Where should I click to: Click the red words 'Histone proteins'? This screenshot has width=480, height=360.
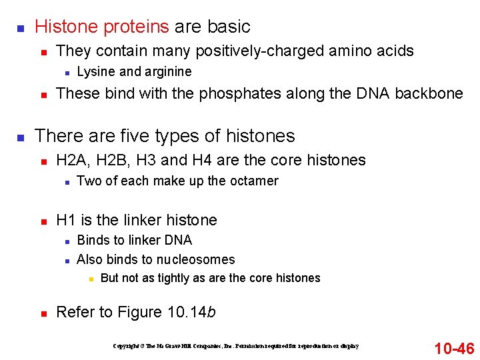(102, 27)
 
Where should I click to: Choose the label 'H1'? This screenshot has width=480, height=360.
(66, 220)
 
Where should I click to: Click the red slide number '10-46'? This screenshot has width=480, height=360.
(454, 347)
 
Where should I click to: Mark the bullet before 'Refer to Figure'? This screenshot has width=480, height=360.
(42, 313)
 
